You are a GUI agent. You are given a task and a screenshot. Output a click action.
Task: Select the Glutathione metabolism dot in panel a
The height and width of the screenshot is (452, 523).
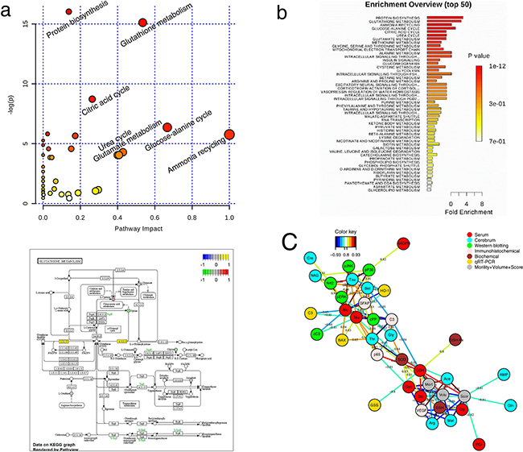pos(143,23)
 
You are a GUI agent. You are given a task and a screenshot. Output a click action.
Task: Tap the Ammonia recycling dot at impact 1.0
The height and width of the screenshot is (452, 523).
pos(229,135)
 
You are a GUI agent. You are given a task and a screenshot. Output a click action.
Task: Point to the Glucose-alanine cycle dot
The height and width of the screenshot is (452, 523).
pos(167,126)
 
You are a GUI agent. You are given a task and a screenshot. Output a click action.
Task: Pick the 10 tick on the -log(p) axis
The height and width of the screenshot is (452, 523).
pos(25,83)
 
